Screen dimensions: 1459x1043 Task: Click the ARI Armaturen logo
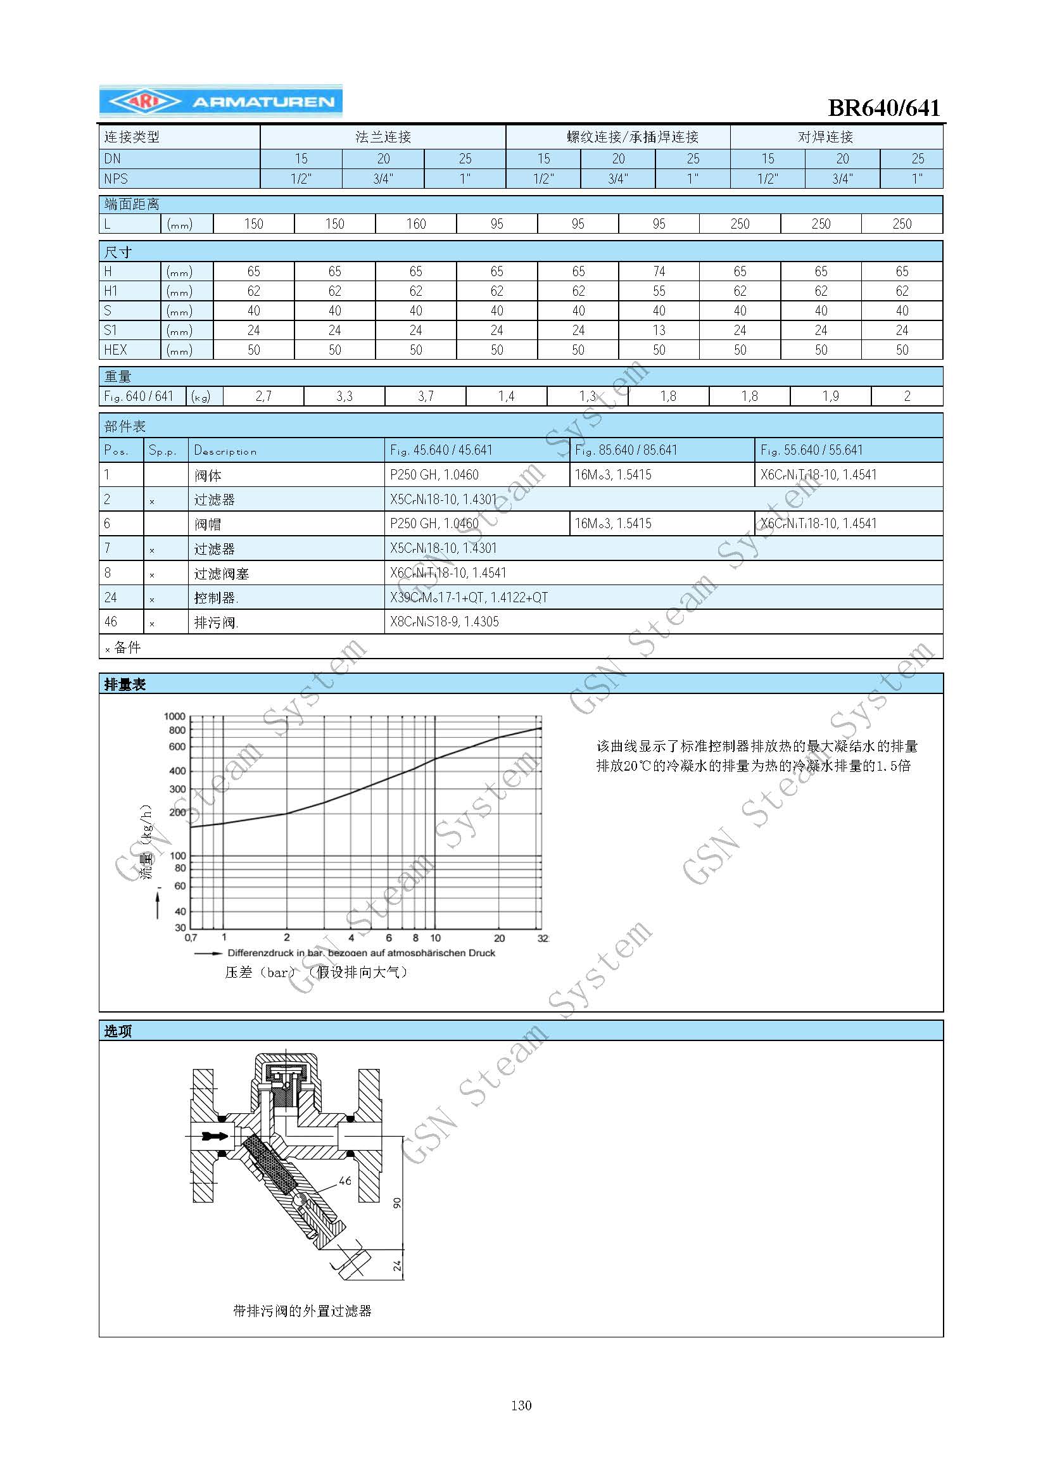click(x=220, y=101)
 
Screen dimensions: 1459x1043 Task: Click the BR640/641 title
click(x=883, y=108)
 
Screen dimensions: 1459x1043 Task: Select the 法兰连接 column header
click(x=382, y=137)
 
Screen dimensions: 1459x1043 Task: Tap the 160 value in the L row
click(x=415, y=224)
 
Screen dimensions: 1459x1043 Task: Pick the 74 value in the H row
click(x=659, y=272)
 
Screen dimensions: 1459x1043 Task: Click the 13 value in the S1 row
click(x=659, y=331)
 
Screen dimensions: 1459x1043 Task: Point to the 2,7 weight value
click(x=263, y=396)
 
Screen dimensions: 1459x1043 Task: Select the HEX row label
click(x=116, y=350)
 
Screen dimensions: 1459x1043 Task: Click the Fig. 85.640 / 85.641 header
click(x=626, y=450)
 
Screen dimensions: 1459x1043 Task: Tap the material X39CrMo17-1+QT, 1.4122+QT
click(x=469, y=598)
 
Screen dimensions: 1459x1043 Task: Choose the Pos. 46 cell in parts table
click(x=111, y=622)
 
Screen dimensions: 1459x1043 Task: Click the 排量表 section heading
click(x=125, y=685)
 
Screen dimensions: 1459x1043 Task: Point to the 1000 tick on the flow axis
click(x=175, y=716)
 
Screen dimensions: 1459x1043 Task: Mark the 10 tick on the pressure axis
click(x=436, y=938)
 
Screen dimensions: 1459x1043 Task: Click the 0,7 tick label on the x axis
click(x=191, y=938)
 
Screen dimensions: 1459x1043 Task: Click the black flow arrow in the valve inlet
click(x=215, y=1137)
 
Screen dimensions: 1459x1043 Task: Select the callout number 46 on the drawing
click(x=345, y=1181)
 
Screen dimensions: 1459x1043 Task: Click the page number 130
click(x=521, y=1405)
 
